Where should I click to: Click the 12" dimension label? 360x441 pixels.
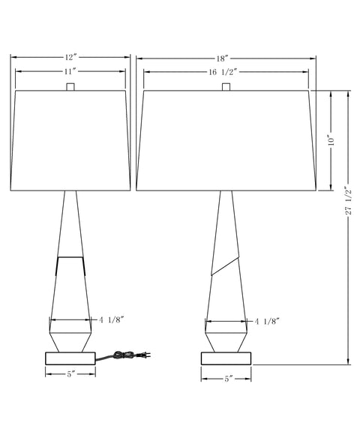click(70, 57)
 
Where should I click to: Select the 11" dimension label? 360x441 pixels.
click(70, 71)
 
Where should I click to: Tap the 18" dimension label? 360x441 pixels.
click(222, 58)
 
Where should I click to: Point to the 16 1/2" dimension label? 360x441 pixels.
click(223, 72)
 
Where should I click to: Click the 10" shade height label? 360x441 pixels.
click(332, 142)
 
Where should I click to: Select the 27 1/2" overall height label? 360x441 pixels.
click(349, 201)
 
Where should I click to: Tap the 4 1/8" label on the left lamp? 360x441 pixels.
click(111, 319)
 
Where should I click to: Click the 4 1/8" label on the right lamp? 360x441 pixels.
click(267, 321)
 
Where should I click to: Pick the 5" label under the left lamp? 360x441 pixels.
click(70, 374)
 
